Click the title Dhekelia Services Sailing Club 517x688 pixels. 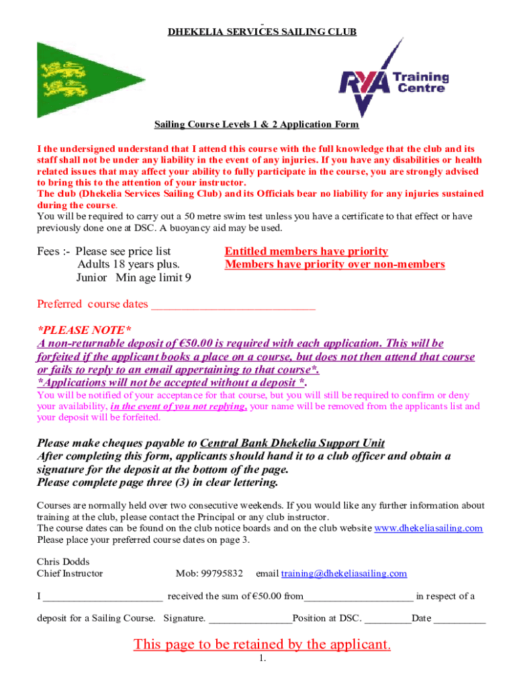tap(262, 32)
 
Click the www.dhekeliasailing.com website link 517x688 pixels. tap(428, 528)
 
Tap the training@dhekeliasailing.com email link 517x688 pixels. tap(344, 573)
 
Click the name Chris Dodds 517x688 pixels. tap(63, 562)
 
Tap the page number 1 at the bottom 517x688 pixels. tap(263, 659)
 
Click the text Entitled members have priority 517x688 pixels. tap(306, 251)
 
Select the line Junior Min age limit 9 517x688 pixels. tap(133, 277)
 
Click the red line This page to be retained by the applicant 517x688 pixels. tap(262, 644)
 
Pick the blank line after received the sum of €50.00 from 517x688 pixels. tap(359, 597)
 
